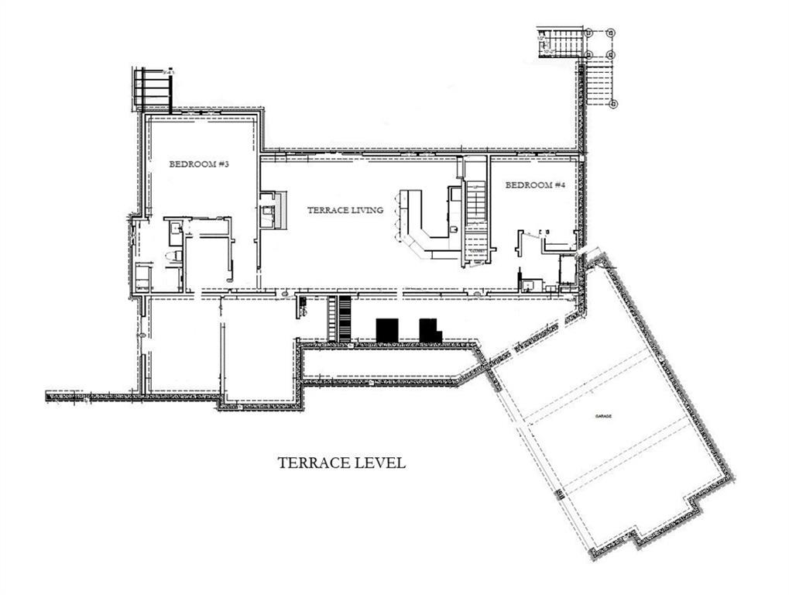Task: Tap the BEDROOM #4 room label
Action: tap(535, 185)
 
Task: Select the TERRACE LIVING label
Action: tap(345, 210)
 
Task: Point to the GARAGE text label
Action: tap(604, 417)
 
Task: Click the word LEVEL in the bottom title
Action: tap(380, 463)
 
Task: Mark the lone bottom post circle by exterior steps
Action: tap(613, 102)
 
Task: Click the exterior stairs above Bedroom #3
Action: tap(154, 89)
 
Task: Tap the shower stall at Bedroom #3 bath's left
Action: tap(142, 277)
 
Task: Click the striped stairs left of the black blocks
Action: tap(341, 318)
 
